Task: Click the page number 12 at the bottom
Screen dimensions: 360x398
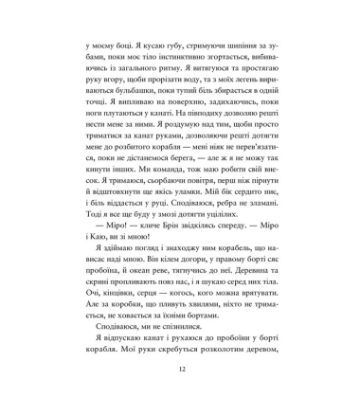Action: [x=180, y=370]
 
